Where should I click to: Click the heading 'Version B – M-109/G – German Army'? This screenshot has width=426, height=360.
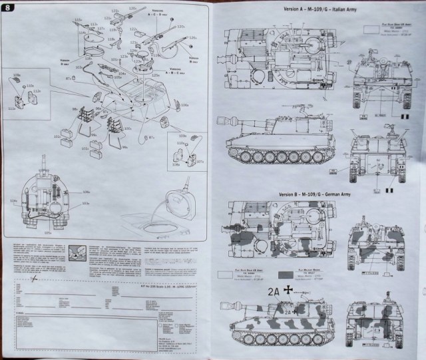coord(312,192)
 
